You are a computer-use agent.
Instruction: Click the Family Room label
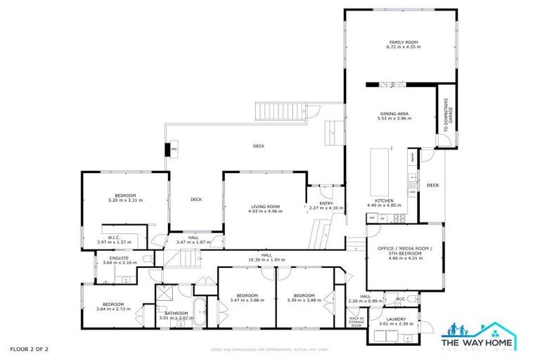tap(404, 42)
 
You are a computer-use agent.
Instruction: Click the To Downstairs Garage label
tap(446, 120)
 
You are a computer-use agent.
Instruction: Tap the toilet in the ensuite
tap(146, 260)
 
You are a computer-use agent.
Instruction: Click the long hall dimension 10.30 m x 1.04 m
tap(266, 259)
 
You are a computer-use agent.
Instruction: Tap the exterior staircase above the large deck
tap(281, 110)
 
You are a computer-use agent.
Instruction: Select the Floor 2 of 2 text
tap(30, 349)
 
